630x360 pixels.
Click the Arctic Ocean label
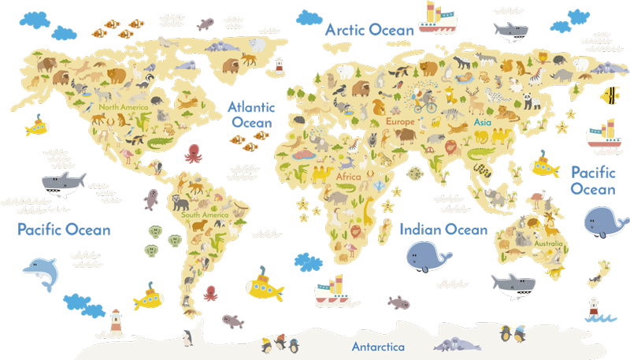click(369, 30)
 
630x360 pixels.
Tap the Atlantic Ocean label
click(251, 115)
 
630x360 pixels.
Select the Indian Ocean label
click(443, 229)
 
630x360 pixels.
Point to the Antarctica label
click(378, 347)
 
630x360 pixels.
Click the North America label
click(123, 107)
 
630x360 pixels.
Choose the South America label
click(204, 214)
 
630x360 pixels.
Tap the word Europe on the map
click(400, 122)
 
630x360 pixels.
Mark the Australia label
click(548, 243)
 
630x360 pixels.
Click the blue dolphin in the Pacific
click(40, 273)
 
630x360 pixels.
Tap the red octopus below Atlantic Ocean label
click(194, 153)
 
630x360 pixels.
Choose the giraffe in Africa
click(369, 209)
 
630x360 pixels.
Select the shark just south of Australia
click(513, 283)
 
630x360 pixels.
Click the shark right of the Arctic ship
click(510, 31)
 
